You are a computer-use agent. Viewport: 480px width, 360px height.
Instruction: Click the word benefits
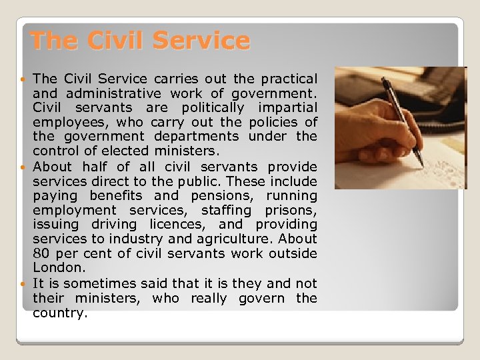click(116, 195)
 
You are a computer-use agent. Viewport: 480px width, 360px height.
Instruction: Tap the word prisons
click(294, 210)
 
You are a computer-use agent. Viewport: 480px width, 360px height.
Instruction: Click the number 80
click(41, 253)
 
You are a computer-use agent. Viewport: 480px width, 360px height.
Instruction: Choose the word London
click(59, 268)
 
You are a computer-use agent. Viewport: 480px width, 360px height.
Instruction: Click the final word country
click(60, 313)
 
